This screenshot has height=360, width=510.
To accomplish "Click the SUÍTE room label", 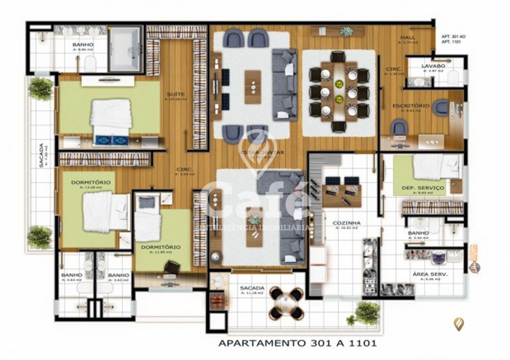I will click(x=175, y=94).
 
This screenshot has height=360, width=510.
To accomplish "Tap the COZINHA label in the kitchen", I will click(x=347, y=223).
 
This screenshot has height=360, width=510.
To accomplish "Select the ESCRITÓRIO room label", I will click(x=411, y=106).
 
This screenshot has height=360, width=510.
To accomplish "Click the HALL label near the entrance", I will click(x=407, y=38).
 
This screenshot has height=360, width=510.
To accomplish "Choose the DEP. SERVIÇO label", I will click(x=423, y=188).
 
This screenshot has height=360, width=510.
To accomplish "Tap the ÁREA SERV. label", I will click(x=426, y=274).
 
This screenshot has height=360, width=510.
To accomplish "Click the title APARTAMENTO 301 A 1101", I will click(x=297, y=343).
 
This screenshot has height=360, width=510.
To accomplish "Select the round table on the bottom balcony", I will click(x=286, y=303).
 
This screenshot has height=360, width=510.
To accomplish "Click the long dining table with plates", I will click(x=339, y=91).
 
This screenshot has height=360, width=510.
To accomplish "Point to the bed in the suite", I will click(x=111, y=118).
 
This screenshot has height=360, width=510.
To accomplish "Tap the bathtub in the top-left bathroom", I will click(x=125, y=48).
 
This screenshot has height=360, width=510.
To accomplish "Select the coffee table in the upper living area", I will click(x=252, y=87).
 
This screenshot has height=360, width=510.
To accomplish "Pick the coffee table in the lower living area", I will click(x=254, y=227).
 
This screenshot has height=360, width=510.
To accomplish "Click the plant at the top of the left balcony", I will click(x=41, y=89).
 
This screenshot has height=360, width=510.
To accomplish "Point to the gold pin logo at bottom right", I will click(x=459, y=324).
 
